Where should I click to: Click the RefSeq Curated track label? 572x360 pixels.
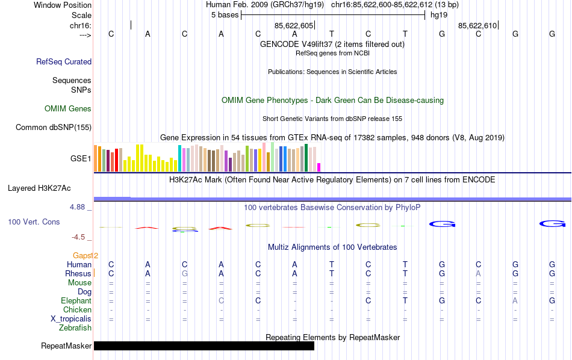pyautogui.click(x=64, y=61)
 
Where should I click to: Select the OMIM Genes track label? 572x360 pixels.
pyautogui.click(x=68, y=109)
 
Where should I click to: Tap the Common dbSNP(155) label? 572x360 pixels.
pyautogui.click(x=54, y=127)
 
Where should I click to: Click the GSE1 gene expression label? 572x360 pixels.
pyautogui.click(x=81, y=159)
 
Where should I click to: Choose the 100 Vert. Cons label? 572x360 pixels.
pyautogui.click(x=34, y=222)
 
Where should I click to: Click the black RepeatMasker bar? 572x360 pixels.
pyautogui.click(x=204, y=346)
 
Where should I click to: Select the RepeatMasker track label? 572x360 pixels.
pyautogui.click(x=66, y=346)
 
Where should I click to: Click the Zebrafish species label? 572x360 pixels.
pyautogui.click(x=75, y=328)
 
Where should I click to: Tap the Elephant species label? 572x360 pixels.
pyautogui.click(x=76, y=301)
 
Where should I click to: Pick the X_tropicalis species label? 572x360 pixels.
pyautogui.click(x=71, y=319)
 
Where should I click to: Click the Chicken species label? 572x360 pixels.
pyautogui.click(x=77, y=310)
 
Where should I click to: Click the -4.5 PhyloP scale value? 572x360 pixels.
pyautogui.click(x=80, y=237)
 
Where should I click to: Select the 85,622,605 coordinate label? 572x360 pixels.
pyautogui.click(x=294, y=26)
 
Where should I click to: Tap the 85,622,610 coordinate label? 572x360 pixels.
pyautogui.click(x=477, y=26)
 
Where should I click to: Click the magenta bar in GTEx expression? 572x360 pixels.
pyautogui.click(x=319, y=167)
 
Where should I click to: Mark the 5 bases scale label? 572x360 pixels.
pyautogui.click(x=225, y=15)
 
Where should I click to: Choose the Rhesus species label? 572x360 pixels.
pyautogui.click(x=78, y=274)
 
